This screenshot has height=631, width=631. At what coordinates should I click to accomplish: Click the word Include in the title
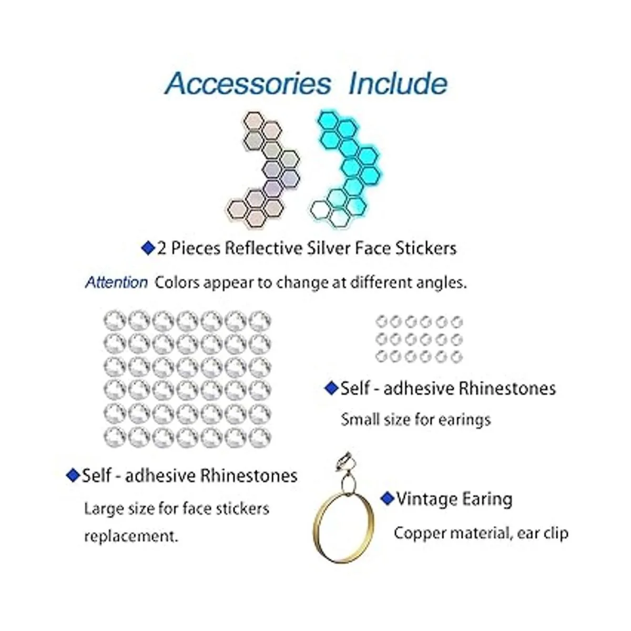pyautogui.click(x=398, y=83)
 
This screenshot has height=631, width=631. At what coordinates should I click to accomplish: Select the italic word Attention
pyautogui.click(x=116, y=282)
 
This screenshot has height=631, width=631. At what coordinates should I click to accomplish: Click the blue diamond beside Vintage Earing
pyautogui.click(x=388, y=497)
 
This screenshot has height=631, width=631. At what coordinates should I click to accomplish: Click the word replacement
pyautogui.click(x=130, y=536)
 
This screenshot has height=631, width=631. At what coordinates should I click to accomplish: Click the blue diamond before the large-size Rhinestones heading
pyautogui.click(x=73, y=475)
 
